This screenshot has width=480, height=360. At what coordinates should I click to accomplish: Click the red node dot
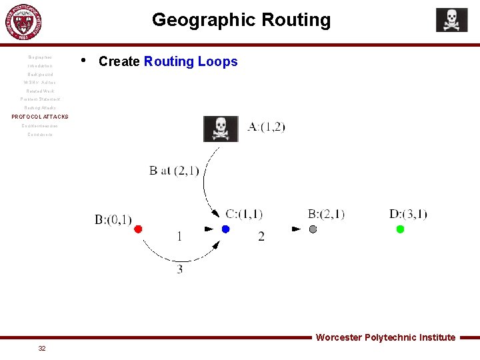pyautogui.click(x=138, y=229)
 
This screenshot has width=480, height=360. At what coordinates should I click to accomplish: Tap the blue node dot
pyautogui.click(x=225, y=229)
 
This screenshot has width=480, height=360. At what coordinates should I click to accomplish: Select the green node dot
pyautogui.click(x=400, y=229)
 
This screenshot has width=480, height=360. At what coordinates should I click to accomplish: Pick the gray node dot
pyautogui.click(x=313, y=229)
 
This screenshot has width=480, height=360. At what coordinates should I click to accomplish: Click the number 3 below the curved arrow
pyautogui.click(x=180, y=269)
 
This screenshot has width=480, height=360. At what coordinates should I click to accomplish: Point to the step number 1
pyautogui.click(x=179, y=236)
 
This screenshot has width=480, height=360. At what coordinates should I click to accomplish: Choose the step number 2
pyautogui.click(x=261, y=236)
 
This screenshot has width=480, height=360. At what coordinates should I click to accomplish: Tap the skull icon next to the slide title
pyautogui.click(x=451, y=20)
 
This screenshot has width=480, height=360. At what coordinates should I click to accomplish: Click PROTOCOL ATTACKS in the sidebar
pyautogui.click(x=40, y=117)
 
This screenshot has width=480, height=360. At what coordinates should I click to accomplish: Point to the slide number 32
pyautogui.click(x=42, y=349)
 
